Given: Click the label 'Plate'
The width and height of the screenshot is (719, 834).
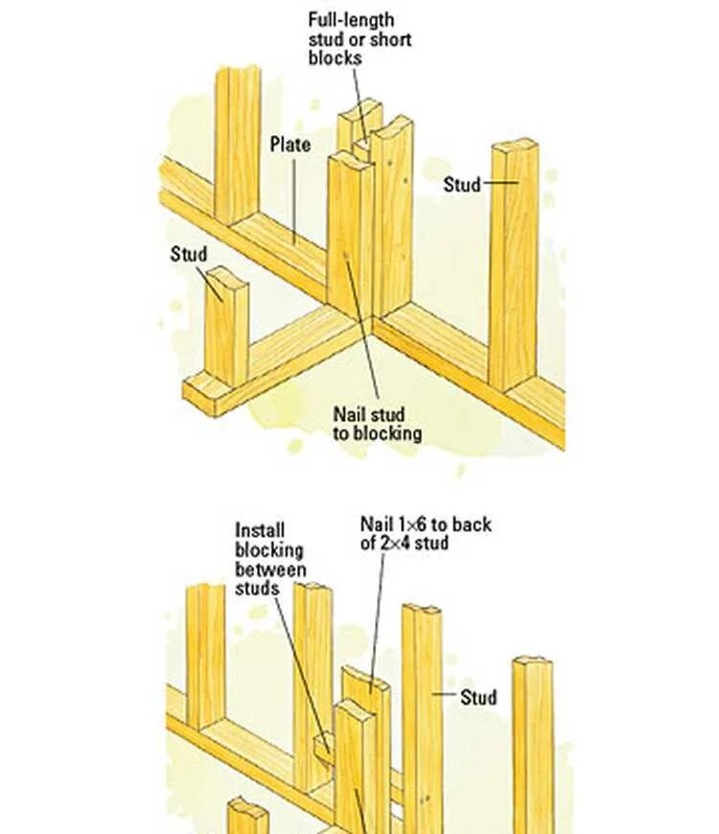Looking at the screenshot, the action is pos(290,145).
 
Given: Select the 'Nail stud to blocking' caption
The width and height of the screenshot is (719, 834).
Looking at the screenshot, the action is pos(377,424).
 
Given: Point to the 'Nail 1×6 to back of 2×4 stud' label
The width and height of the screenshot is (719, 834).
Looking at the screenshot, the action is pos(425,533).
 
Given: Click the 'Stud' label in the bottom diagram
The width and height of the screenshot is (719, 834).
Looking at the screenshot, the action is pos(478,697).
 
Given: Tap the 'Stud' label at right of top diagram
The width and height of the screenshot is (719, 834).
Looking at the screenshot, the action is pos(462,184).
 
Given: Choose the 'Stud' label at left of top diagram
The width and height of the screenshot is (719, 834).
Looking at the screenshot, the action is pos(189,254).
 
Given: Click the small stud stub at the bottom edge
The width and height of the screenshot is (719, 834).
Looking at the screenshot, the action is pos(247,818).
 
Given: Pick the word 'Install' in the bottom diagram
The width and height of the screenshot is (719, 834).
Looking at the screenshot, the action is pos(260,530).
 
